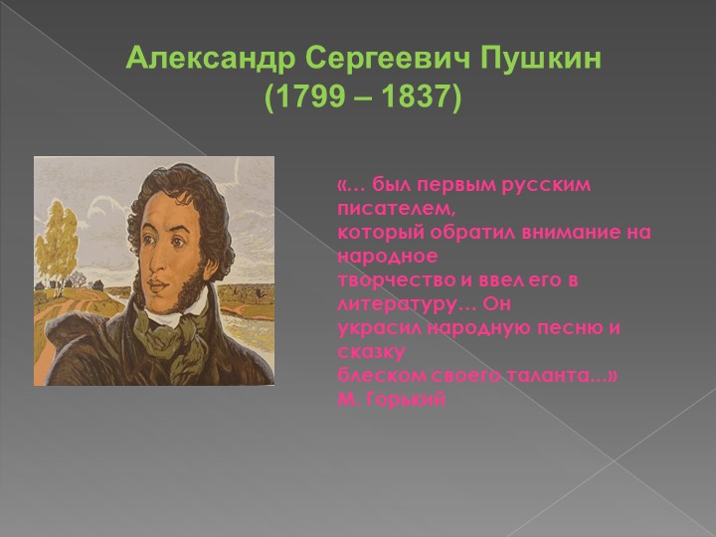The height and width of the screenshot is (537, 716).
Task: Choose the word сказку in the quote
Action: [x=371, y=352]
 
